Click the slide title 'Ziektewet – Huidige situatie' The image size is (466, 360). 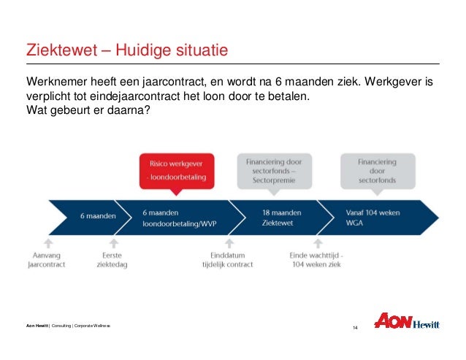coord(127,50)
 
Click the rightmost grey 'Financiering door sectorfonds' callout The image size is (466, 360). coord(378,170)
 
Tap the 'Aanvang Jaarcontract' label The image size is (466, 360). coord(47,259)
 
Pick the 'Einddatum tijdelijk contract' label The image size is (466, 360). coord(227,259)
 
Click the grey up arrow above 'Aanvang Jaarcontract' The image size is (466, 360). coord(47,242)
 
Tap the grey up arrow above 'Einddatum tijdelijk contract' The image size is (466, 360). coord(227,242)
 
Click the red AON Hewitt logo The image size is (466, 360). coord(406,322)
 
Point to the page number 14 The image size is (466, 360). coord(355,326)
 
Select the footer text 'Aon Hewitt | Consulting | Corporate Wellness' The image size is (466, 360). coord(68,325)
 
